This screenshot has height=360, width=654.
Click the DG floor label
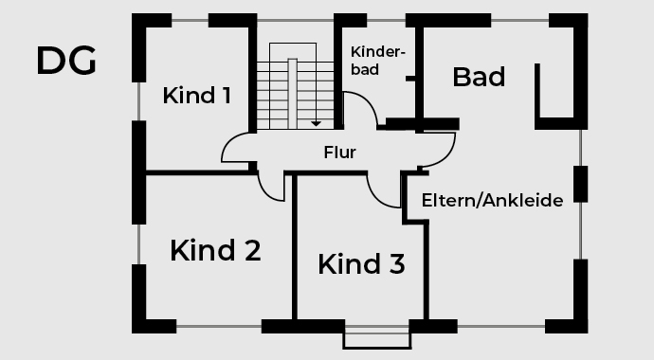point(66,62)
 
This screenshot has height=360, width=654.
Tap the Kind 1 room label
point(196,96)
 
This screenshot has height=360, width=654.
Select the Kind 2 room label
point(215,251)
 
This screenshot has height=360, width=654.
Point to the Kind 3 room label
point(361,264)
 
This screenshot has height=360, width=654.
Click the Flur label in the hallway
point(339,152)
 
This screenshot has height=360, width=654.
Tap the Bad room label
point(479,77)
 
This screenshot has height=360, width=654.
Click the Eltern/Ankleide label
point(492,200)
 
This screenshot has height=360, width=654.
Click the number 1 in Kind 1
point(225,96)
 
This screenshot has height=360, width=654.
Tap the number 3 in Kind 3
point(396,264)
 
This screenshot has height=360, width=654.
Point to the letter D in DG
point(51,62)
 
